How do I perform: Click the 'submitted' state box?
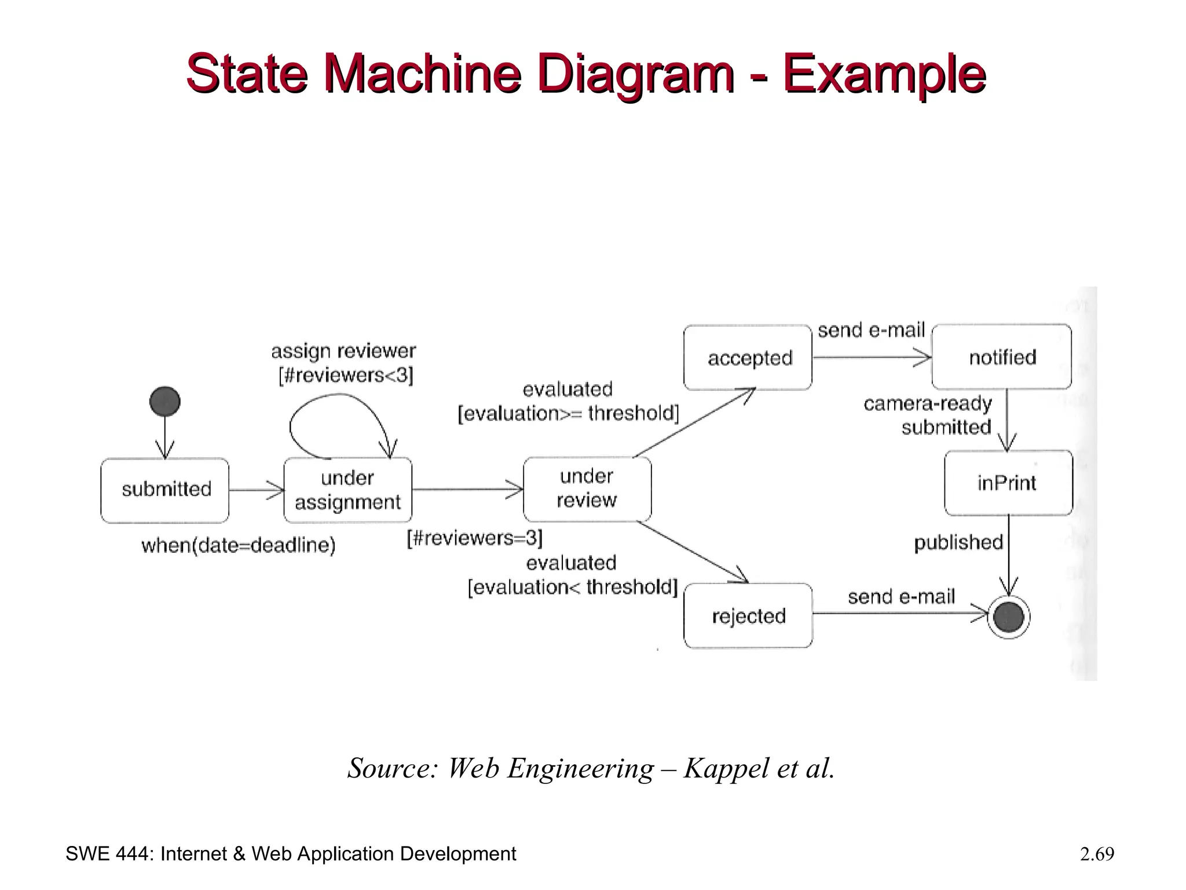click(165, 490)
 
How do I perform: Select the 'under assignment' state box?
click(347, 490)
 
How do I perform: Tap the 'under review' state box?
click(587, 488)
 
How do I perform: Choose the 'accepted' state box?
click(748, 358)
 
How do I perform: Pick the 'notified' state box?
click(1001, 357)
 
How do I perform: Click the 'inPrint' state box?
click(1008, 483)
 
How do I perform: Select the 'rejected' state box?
click(748, 615)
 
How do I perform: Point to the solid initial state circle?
click(165, 401)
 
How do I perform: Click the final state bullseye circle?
click(1008, 617)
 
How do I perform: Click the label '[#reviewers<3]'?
click(346, 375)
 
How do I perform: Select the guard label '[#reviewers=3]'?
click(474, 538)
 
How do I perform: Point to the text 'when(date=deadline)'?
click(238, 545)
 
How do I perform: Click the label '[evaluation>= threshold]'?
click(568, 414)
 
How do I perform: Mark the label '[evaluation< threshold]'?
click(572, 588)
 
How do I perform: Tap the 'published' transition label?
click(958, 542)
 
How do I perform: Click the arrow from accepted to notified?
click(872, 358)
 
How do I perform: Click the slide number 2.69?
click(1097, 854)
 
